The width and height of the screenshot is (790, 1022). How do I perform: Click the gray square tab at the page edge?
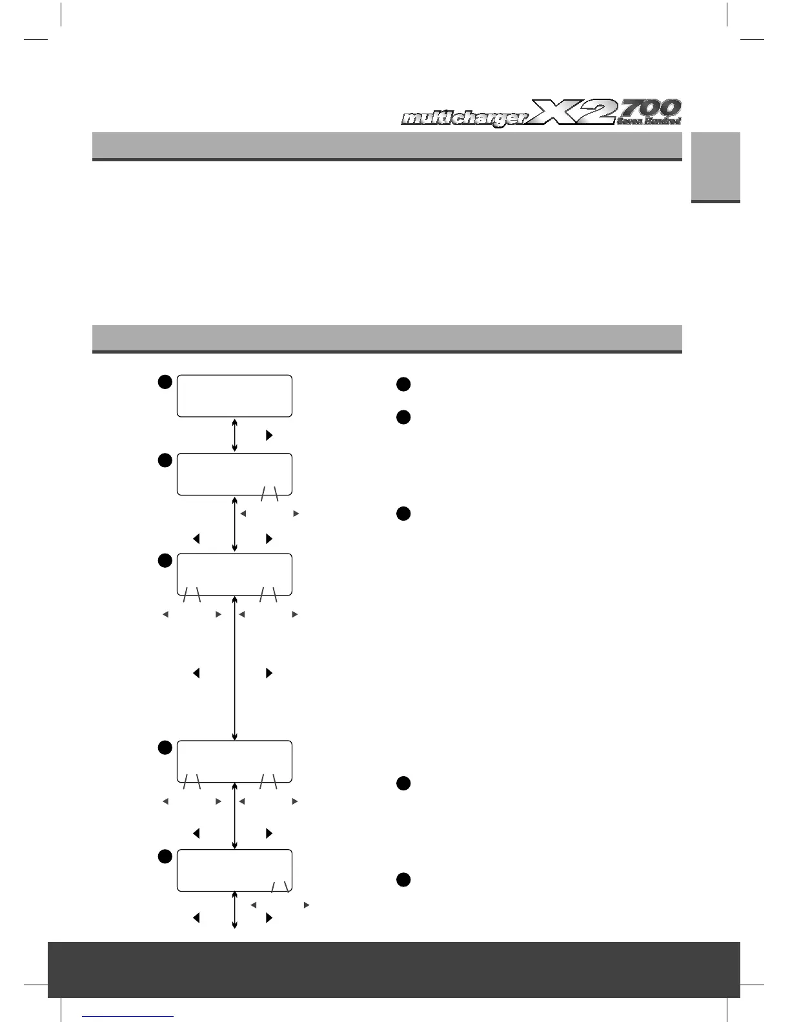(x=716, y=168)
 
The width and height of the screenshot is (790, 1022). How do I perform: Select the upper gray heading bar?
(x=387, y=146)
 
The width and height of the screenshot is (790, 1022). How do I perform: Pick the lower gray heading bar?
(x=387, y=339)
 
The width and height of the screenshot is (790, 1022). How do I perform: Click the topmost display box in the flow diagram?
(x=234, y=396)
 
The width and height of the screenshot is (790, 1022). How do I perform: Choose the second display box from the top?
(x=234, y=474)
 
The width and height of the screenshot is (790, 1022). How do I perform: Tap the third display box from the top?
(x=234, y=574)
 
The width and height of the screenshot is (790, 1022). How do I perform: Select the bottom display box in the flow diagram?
(x=234, y=870)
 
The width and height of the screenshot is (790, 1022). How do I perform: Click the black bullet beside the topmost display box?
(x=165, y=381)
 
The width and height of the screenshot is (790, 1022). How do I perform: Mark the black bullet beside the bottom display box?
(x=165, y=857)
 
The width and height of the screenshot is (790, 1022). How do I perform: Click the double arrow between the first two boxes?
(x=234, y=435)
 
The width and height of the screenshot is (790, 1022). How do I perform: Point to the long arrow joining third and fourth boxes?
(x=234, y=668)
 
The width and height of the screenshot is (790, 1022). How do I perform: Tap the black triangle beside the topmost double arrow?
(x=269, y=436)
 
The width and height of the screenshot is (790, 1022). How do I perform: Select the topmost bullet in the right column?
(x=403, y=385)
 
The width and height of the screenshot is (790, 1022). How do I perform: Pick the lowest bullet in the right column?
(x=403, y=880)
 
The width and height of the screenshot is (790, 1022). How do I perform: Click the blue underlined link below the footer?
(x=128, y=1016)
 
